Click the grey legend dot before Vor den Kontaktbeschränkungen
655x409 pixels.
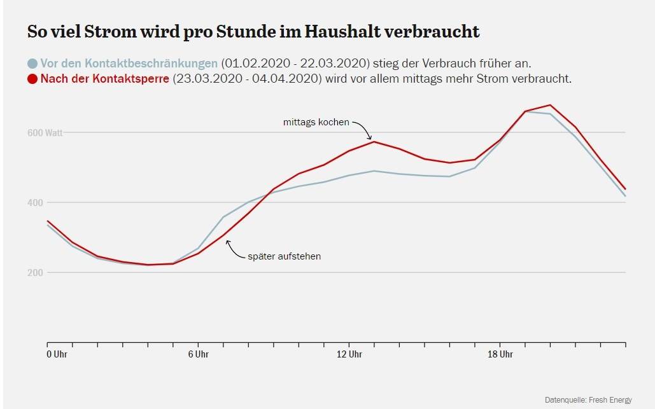click(32, 64)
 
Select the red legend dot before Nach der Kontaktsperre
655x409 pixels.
click(32, 80)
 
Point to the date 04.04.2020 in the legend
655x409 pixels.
click(287, 80)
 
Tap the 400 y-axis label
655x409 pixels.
click(37, 203)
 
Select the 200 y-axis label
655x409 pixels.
click(37, 273)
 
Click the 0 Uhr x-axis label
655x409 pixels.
click(57, 354)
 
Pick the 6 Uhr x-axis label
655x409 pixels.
click(198, 354)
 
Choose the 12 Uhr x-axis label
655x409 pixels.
click(349, 354)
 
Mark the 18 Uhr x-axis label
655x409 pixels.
click(500, 354)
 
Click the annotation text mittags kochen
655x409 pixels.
click(316, 121)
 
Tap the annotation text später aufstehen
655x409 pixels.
click(284, 256)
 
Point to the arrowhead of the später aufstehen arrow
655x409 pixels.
click(227, 241)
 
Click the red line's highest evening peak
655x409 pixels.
click(550, 105)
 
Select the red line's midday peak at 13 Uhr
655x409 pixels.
click(374, 141)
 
